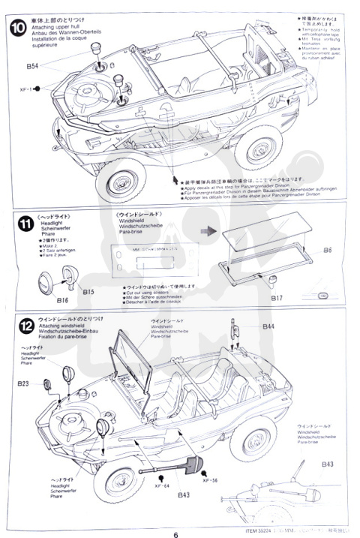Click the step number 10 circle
click(17, 28)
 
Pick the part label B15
click(88, 290)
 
